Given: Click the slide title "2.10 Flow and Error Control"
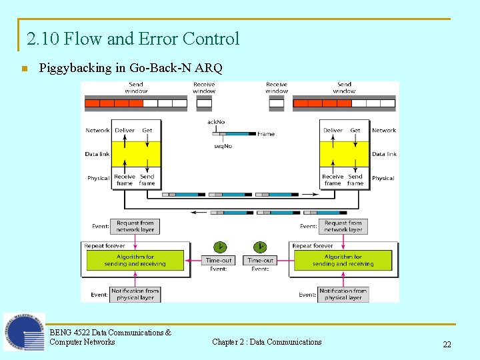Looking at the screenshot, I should click(x=133, y=39).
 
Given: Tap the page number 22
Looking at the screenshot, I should click(x=447, y=345).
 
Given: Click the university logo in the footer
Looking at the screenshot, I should click(x=24, y=332).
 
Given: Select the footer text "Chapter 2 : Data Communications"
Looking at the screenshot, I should click(x=267, y=342).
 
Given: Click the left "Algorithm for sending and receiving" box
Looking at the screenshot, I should click(x=135, y=260).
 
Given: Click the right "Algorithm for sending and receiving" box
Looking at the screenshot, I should click(x=343, y=260).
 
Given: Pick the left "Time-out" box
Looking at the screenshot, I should click(x=219, y=260).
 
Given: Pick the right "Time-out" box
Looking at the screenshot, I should click(x=260, y=260).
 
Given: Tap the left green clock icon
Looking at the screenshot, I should click(x=219, y=245).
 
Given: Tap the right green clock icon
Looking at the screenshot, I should click(x=260, y=245).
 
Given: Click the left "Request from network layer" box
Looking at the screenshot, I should click(x=135, y=227).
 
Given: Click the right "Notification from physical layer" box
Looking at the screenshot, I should click(x=343, y=294).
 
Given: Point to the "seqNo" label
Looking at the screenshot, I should click(x=223, y=146).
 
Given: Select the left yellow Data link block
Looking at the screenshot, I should click(x=137, y=154).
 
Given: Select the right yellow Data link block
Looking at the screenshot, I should click(x=344, y=154).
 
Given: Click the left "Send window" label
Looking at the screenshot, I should click(x=136, y=87).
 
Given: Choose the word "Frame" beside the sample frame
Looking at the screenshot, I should click(x=266, y=134).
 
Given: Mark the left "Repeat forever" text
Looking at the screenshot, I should click(x=105, y=246).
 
